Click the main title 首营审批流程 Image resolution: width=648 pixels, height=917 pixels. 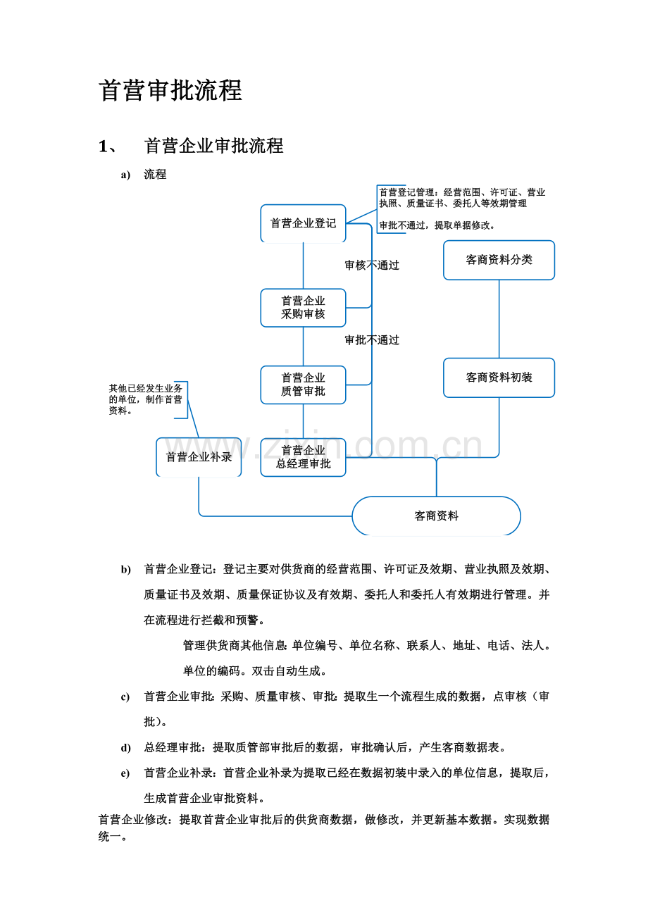tap(170, 90)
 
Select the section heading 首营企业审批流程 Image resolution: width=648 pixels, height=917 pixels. tap(213, 146)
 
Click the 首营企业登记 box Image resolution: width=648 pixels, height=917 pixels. tap(303, 223)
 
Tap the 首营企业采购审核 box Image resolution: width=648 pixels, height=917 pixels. tap(303, 308)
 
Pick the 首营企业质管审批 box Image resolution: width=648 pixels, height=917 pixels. tap(303, 385)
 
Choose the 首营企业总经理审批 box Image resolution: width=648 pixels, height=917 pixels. tap(303, 457)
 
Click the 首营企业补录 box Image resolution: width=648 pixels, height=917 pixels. tap(199, 457)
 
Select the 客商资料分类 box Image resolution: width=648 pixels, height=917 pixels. tap(499, 260)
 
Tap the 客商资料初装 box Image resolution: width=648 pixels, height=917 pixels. tap(499, 378)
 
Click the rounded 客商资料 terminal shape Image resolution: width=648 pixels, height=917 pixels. tap(437, 516)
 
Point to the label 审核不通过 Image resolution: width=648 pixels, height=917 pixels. tap(372, 266)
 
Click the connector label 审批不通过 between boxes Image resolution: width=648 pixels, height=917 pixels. tap(372, 340)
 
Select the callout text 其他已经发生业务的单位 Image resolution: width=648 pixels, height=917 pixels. tap(145, 394)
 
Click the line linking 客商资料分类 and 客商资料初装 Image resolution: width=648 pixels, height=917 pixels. tap(499, 319)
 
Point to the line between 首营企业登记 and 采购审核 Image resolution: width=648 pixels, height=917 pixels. tap(303, 266)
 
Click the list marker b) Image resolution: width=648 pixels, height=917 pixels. tap(125, 570)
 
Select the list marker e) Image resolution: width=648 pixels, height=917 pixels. tap(125, 773)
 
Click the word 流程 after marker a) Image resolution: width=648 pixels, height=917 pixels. tap(155, 175)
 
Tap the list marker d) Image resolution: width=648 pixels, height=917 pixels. tap(125, 748)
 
